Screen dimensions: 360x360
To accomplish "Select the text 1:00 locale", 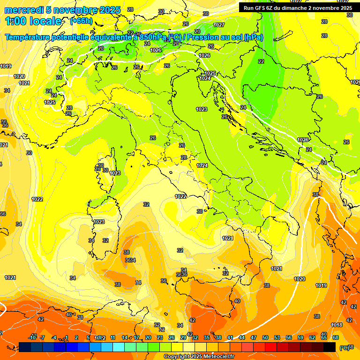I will [x=34, y=21].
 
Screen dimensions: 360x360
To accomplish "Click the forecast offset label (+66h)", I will [x=81, y=22].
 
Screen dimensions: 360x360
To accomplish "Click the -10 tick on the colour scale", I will [x=32, y=337].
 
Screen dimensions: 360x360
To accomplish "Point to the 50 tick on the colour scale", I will [x=265, y=337].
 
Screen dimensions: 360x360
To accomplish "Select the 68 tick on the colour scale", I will [x=336, y=337].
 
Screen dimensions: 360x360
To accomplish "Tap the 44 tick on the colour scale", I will [x=242, y=337].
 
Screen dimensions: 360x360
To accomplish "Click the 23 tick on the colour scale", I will [x=160, y=337].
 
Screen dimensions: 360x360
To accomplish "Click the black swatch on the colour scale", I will [x=330, y=347].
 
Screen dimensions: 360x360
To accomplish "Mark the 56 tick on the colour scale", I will [x=289, y=337].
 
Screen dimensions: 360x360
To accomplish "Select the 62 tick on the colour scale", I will [x=312, y=337].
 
